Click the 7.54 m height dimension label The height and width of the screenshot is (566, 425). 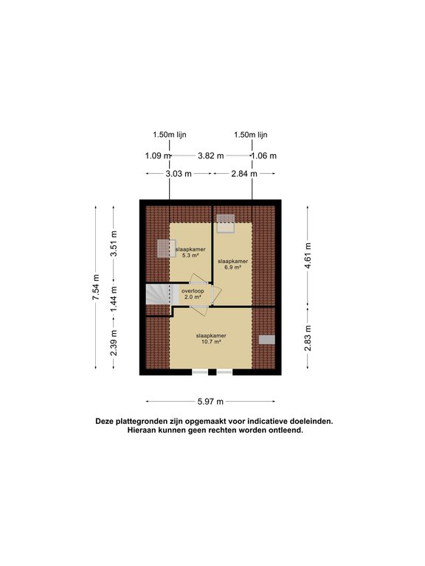click(96, 287)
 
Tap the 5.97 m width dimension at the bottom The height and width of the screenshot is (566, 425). click(211, 402)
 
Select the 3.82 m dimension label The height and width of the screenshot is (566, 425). click(211, 156)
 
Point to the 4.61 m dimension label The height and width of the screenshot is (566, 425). click(308, 255)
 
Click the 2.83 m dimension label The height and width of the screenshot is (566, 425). click(308, 338)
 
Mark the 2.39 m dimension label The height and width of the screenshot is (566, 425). click(114, 343)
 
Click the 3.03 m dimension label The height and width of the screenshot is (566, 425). click(179, 174)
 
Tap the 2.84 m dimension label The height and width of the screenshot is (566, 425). click(244, 174)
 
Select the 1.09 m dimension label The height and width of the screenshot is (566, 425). click(158, 156)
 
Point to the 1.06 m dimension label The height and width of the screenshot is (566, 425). click(264, 156)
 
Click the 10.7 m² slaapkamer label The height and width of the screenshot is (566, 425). click(211, 338)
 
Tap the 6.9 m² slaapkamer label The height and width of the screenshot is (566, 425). click(232, 265)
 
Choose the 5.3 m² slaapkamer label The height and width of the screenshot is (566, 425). click(190, 252)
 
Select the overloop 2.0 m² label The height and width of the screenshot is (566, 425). click(193, 294)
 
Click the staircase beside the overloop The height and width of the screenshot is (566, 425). click(158, 295)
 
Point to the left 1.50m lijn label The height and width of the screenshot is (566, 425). click(170, 135)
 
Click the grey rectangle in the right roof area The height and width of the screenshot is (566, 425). click(266, 340)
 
